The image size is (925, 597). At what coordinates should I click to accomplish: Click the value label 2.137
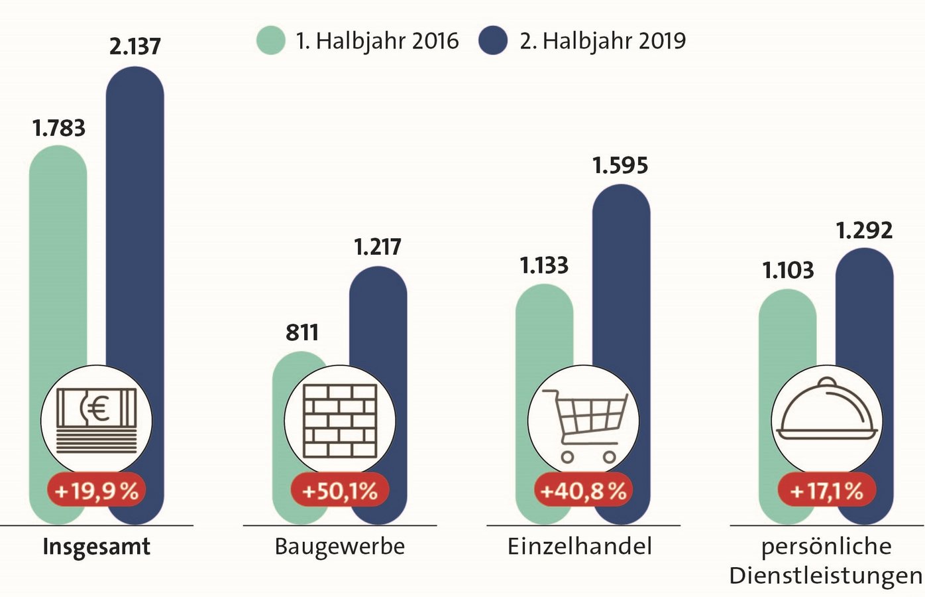pos(135,46)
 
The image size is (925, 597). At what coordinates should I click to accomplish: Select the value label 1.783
pos(58,128)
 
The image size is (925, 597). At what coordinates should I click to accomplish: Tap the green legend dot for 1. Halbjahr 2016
pos(271,40)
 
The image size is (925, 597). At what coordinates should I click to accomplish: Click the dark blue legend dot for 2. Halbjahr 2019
pos(493,40)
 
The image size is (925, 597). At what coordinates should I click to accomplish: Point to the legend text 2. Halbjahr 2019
pos(602,41)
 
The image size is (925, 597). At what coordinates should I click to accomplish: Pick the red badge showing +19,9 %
pos(97,491)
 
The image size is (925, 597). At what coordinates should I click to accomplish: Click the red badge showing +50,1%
pos(340,491)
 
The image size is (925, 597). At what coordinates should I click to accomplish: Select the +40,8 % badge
pos(583,491)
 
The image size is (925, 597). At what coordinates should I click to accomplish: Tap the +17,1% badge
pos(826,491)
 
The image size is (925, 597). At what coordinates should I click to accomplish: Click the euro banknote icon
pos(97,421)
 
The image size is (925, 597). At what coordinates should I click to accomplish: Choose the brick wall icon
pos(340,421)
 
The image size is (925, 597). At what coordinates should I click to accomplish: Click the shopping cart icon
pos(584,425)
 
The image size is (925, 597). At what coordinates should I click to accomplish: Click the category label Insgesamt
pos(97,547)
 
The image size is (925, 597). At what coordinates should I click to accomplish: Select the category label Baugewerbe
pos(340,547)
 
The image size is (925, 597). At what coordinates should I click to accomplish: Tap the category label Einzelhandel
pos(580,547)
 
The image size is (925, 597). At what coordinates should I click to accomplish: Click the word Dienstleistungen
pos(826,576)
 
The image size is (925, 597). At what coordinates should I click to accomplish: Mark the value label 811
pos(302,332)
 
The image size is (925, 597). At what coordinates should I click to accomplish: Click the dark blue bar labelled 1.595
pos(621,279)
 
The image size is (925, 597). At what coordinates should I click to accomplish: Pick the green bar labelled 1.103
pos(787,332)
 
